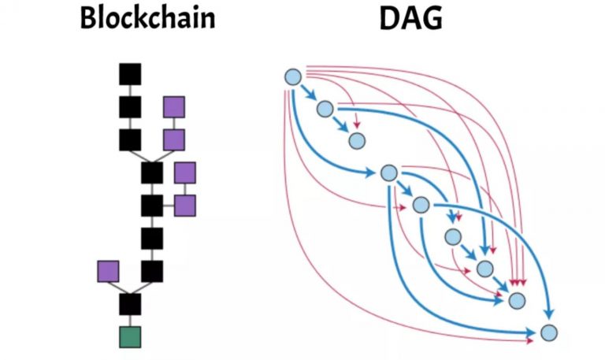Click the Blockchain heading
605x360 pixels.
point(147,18)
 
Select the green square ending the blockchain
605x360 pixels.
point(130,336)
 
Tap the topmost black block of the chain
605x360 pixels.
point(130,74)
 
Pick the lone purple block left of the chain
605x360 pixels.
point(108,271)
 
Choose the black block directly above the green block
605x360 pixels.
point(130,304)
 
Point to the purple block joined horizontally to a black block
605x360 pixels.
point(185,206)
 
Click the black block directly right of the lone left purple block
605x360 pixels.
point(152,271)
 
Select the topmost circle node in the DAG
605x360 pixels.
point(292,76)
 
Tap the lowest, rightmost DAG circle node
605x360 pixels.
point(550,332)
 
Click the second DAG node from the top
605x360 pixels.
point(325,109)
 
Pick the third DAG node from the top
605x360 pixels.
point(357,141)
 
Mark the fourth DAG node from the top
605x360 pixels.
point(388,173)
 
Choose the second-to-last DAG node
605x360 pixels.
point(517,300)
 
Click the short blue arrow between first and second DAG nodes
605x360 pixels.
point(307,93)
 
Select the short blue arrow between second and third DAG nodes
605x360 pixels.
point(340,125)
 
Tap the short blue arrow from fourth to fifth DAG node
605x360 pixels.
point(404,189)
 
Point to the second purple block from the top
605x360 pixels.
point(174,139)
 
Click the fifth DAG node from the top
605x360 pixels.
point(421,205)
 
